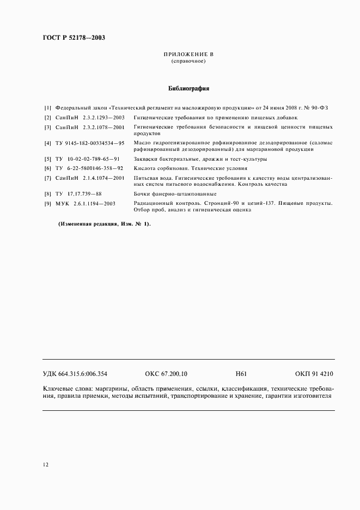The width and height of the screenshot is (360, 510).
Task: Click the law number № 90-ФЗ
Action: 315,108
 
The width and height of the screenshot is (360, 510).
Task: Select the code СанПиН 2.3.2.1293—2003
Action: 90,118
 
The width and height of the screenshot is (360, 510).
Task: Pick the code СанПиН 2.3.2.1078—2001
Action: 90,127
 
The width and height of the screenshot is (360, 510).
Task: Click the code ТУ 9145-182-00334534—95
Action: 90,143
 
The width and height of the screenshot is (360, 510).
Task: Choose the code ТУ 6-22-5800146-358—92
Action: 89,168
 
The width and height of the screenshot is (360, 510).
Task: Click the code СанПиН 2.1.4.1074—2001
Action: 90,178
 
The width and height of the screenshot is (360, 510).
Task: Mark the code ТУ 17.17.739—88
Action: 78,194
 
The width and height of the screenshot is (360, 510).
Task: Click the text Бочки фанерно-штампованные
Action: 175,194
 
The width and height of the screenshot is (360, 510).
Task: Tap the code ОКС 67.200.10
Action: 166,374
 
